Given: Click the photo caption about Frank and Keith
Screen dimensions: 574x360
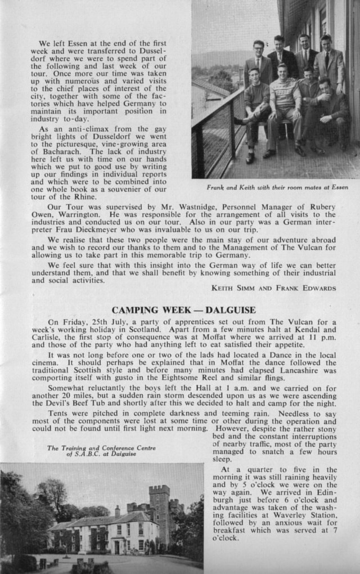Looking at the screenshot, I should (x=277, y=187).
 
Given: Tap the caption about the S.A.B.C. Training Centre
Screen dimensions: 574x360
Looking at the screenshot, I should (x=101, y=451).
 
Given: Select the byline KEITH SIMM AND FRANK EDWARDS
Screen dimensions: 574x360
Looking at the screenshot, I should (x=273, y=288).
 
